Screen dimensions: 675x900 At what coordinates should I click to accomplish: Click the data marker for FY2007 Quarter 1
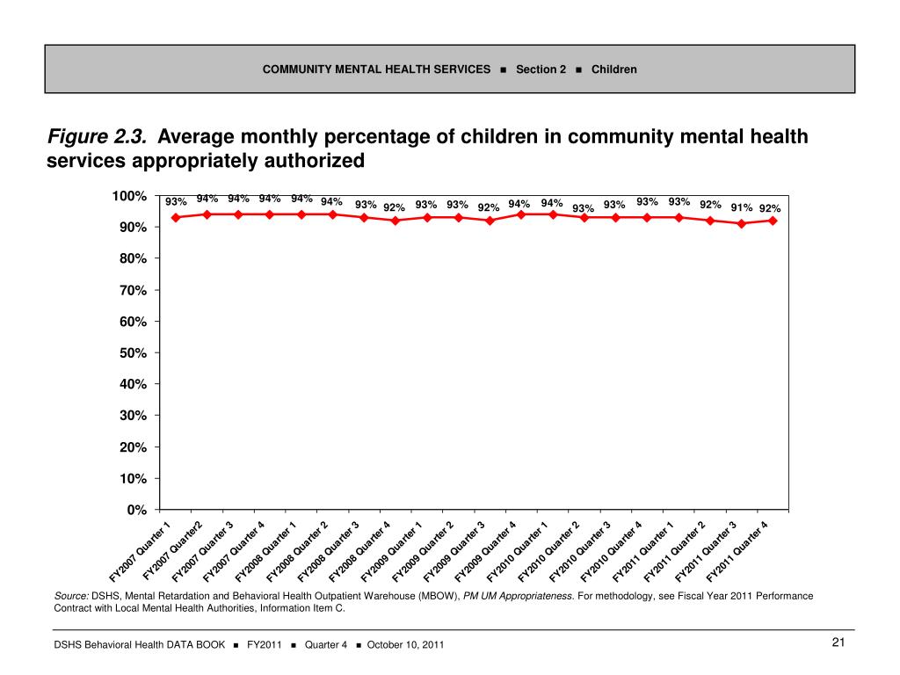click(176, 217)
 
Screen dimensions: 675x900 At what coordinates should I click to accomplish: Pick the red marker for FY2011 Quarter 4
click(773, 221)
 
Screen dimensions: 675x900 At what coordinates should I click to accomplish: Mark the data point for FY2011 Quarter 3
click(741, 223)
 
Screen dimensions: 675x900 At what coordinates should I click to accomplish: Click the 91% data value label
click(741, 208)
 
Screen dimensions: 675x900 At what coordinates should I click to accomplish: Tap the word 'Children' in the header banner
click(614, 69)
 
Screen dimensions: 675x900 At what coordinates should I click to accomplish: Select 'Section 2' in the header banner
click(541, 69)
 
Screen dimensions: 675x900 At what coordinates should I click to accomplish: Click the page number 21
click(838, 643)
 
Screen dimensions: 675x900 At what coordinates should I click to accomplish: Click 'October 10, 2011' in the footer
click(405, 645)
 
